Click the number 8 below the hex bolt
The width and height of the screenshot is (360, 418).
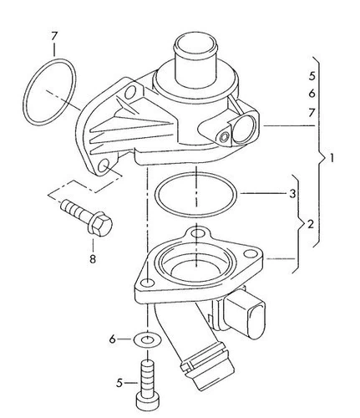pos(93,259)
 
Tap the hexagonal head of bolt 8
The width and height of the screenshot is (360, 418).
pos(101,224)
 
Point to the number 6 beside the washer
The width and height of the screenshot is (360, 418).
pos(112,339)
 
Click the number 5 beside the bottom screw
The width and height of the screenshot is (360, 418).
pos(119,383)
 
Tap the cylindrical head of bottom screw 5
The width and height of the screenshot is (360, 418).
pos(148,402)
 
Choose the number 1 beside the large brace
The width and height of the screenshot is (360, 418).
pos(331,159)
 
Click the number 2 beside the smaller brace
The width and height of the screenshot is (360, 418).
pos(311,224)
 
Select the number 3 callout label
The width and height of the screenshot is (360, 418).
pos(292,193)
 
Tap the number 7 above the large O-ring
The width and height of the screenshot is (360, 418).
pos(54,36)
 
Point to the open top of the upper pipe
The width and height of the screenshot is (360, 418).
pos(195,44)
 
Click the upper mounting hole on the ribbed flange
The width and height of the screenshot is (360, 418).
pos(130,92)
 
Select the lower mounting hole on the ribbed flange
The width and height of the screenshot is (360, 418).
pos(104,166)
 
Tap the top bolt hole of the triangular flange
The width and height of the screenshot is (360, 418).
pos(197,233)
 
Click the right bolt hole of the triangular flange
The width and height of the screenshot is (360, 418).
pos(250,254)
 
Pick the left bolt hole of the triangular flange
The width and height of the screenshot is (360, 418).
pos(147,283)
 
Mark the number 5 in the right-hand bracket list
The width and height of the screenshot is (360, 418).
pos(312,76)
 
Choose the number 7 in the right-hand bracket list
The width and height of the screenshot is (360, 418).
pos(312,113)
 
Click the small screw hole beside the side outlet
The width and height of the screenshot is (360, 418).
pos(225,137)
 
